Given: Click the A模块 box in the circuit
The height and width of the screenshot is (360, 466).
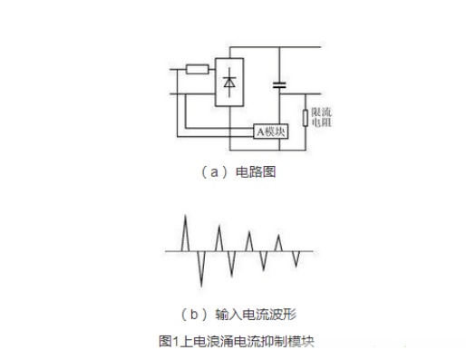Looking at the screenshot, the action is tap(271, 131).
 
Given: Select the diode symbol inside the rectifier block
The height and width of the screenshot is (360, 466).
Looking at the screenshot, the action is tap(229, 83).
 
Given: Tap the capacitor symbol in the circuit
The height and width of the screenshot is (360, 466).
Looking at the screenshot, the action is tap(279, 85).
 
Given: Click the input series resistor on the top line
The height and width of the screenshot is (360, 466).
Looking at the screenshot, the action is tap(197, 69).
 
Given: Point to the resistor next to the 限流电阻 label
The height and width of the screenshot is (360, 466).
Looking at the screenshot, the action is tap(306, 118).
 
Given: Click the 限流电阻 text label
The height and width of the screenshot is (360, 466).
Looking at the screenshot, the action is tap(322, 117).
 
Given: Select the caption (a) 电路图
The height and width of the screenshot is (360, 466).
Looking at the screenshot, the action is tap(238, 172).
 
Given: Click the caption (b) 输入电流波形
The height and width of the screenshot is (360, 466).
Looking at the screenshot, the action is tap(238, 315).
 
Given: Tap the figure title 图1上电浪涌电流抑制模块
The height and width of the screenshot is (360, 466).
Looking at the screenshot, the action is tap(237, 341).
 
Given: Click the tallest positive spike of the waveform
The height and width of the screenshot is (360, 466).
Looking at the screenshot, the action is tap(185, 233).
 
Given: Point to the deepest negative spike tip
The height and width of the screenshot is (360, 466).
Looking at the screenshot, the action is tap(201, 287).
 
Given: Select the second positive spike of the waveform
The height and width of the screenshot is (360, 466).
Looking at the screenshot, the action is tap(219, 238).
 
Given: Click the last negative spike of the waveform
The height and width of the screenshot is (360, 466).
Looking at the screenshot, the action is tap(296, 259).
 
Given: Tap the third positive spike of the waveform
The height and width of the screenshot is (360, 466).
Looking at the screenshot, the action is tap(248, 241).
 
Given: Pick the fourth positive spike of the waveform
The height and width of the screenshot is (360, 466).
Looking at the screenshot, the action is tap(278, 243).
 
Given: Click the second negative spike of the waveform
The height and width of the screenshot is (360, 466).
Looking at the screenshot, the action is tap(231, 264).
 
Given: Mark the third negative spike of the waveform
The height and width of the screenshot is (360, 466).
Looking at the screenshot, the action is tap(264, 261).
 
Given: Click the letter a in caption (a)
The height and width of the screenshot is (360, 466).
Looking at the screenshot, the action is tap(214, 172).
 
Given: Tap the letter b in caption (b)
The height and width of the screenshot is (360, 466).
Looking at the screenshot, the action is tap(194, 315).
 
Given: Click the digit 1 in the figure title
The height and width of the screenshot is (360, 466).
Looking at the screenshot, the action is tap(176, 342).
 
